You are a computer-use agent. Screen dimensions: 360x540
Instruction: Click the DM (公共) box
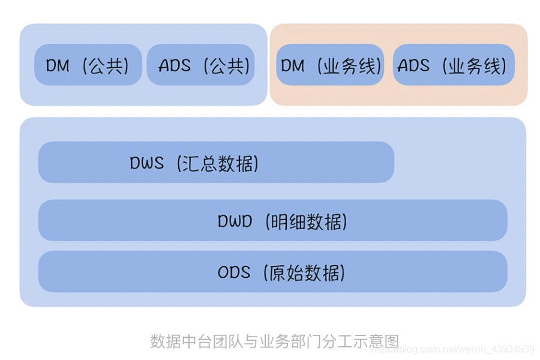(88, 65)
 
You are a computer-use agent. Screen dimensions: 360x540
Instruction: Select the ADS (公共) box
(200, 65)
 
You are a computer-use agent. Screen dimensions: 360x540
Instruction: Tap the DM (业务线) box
(330, 65)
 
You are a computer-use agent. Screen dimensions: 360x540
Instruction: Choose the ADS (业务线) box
(454, 65)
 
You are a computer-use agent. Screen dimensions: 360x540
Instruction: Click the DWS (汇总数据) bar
(216, 163)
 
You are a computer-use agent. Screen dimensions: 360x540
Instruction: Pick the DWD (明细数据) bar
(272, 221)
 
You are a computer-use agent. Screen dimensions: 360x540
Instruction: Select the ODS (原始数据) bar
(272, 272)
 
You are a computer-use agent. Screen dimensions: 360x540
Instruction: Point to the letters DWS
(146, 163)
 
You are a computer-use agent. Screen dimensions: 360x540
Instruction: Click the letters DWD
(235, 221)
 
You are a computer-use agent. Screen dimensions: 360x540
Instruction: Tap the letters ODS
(234, 272)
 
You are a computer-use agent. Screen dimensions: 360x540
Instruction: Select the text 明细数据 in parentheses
(306, 221)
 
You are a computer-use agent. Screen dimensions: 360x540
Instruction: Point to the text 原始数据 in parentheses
(305, 273)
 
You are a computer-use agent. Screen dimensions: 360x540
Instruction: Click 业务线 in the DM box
(349, 65)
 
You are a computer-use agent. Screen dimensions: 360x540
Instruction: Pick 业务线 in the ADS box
(474, 65)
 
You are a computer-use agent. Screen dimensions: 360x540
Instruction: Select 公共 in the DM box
(106, 65)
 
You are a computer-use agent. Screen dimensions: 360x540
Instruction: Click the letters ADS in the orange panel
(413, 65)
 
